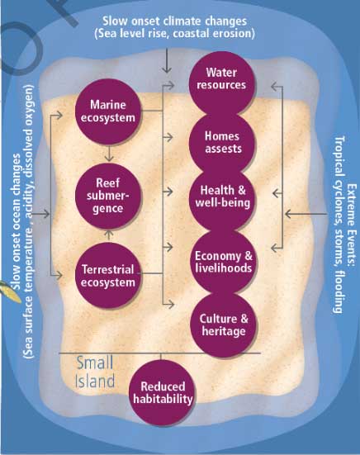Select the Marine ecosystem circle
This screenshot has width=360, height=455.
pyautogui.click(x=108, y=111)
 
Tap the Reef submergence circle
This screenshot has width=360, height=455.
pyautogui.click(x=108, y=196)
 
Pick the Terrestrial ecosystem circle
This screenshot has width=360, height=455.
pyautogui.click(x=108, y=275)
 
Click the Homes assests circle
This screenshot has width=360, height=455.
pyautogui.click(x=222, y=143)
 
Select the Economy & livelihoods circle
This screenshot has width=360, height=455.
pyautogui.click(x=224, y=261)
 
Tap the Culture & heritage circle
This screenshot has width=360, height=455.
pyautogui.click(x=224, y=325)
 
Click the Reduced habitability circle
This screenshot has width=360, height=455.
pyautogui.click(x=163, y=393)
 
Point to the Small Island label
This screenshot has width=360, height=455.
pyautogui.click(x=95, y=372)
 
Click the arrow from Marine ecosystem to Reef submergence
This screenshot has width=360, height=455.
pyautogui.click(x=109, y=154)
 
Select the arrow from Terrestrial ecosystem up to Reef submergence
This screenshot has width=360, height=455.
pyautogui.click(x=109, y=235)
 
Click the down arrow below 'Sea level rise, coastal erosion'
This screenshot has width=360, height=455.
pyautogui.click(x=167, y=60)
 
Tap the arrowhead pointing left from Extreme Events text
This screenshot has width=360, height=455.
pyautogui.click(x=289, y=214)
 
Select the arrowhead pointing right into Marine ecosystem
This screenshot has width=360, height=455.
pyautogui.click(x=59, y=116)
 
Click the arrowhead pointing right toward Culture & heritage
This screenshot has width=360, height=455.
pyautogui.click(x=171, y=305)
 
